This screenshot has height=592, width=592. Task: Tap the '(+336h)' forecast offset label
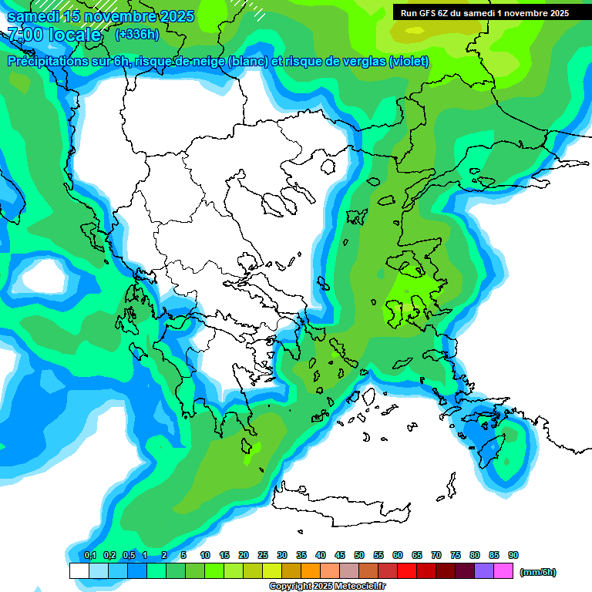[x=137, y=34]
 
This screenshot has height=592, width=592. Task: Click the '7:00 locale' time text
[x=54, y=35]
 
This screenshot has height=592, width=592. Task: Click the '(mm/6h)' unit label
[x=538, y=572]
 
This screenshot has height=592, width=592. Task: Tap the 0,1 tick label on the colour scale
[x=90, y=555]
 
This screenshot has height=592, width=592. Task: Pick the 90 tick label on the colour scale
[x=513, y=555]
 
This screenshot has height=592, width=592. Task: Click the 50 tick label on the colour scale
[x=359, y=555]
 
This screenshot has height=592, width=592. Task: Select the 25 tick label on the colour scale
[x=263, y=555]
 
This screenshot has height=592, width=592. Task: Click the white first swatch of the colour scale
[x=79, y=571]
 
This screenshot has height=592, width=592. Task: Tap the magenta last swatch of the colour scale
[x=503, y=571]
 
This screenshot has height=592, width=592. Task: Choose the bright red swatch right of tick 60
[x=407, y=571]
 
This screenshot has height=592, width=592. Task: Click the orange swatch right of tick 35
[x=311, y=571]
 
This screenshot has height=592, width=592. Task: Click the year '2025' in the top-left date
[x=173, y=16]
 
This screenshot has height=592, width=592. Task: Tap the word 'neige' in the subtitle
[x=206, y=62]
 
